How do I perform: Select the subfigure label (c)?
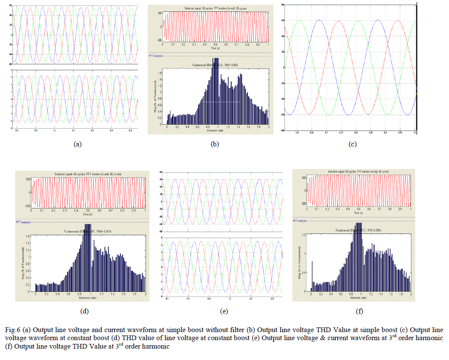[x=352, y=144]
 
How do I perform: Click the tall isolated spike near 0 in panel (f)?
[x=312, y=275]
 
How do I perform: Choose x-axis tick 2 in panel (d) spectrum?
[x=145, y=294]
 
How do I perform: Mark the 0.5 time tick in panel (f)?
[x=359, y=208]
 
